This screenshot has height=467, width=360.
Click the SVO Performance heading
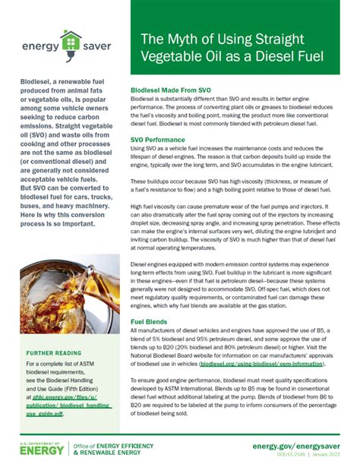158,140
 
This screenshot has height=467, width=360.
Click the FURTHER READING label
54,354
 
